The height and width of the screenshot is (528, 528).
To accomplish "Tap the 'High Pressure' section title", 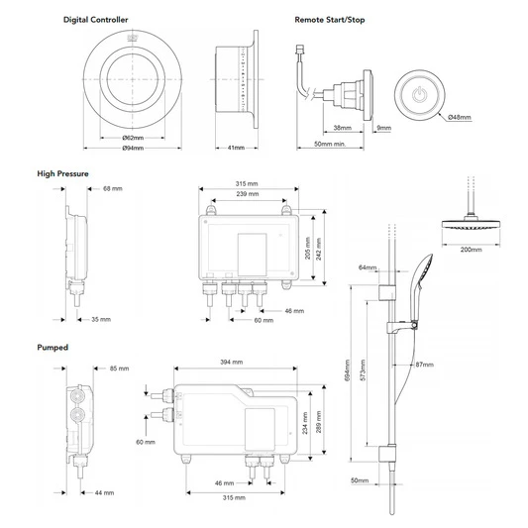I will coord(62,173).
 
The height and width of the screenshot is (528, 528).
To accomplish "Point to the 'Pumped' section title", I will coord(53,348).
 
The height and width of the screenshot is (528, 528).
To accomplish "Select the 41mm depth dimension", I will coord(236,149).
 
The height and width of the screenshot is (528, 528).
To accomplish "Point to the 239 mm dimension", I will coord(248,194).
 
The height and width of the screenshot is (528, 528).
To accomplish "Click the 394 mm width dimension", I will coord(232,362).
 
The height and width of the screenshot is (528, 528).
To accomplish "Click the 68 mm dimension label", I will coord(112,189).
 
